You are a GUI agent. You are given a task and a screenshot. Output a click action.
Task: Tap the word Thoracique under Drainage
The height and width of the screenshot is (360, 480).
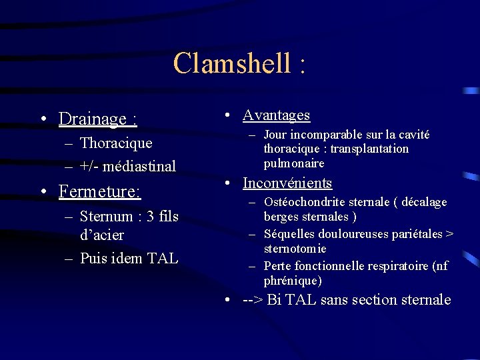[116, 143]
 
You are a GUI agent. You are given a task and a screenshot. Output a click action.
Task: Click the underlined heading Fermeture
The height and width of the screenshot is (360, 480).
[99, 192]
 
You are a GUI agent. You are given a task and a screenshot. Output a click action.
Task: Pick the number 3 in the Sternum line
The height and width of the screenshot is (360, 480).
[149, 216]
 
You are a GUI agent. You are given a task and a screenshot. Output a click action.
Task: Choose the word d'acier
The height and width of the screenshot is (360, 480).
[101, 235]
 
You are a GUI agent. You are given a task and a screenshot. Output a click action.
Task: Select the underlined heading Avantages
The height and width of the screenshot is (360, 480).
[276, 115]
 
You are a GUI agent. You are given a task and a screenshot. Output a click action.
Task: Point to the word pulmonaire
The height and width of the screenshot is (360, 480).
[294, 163]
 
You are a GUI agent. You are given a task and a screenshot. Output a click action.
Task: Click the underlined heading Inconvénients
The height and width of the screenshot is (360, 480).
[287, 183]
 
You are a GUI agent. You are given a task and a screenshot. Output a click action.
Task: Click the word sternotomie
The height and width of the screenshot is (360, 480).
[295, 249]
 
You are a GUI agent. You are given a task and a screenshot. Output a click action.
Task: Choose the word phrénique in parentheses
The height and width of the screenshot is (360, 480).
[293, 281]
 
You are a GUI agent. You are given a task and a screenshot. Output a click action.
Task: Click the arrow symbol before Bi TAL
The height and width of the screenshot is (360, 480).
[252, 300]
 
